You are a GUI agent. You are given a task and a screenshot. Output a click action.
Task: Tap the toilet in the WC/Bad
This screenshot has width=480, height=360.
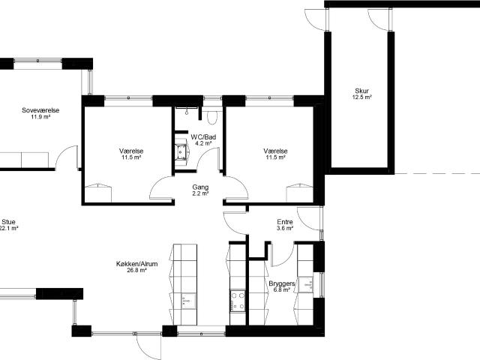pos(211,117)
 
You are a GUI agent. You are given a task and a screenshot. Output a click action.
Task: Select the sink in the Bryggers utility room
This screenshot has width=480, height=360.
pos(307,284)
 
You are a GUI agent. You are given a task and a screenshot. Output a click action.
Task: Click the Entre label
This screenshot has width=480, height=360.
pos(285,222)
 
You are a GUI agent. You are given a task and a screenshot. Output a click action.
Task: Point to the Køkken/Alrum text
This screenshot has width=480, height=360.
pos(131,264)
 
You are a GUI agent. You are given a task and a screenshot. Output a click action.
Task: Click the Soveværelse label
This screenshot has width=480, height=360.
pos(40,110)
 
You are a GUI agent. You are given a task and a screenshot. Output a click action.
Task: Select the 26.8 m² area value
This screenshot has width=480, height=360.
pos(131,271)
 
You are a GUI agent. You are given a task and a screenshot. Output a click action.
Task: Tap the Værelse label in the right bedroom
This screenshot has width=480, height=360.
pos(275,151)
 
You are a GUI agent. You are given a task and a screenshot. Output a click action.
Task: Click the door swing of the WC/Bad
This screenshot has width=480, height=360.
pos(209,159)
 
